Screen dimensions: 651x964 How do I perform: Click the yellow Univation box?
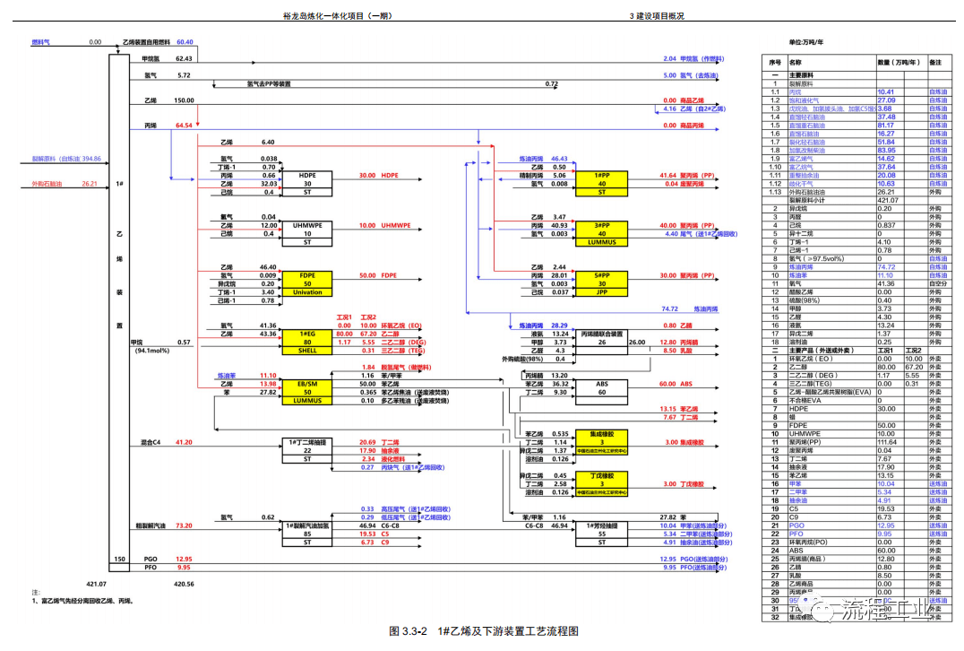pyautogui.click(x=307, y=291)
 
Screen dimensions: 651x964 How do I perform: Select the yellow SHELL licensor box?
pyautogui.click(x=307, y=351)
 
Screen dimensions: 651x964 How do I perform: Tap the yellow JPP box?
pyautogui.click(x=601, y=291)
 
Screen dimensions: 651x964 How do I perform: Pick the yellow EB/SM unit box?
pyautogui.click(x=307, y=383)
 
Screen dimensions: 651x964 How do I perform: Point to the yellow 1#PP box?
pyautogui.click(x=601, y=175)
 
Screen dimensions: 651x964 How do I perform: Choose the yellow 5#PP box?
pyautogui.click(x=601, y=274)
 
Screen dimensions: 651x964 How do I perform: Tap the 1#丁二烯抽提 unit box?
pyautogui.click(x=307, y=442)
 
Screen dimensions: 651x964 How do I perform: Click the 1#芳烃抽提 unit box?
pyautogui.click(x=601, y=525)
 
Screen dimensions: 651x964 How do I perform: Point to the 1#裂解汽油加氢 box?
pyautogui.click(x=307, y=525)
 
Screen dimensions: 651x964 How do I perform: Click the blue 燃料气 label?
pyautogui.click(x=41, y=42)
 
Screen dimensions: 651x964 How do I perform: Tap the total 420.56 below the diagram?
pyautogui.click(x=185, y=583)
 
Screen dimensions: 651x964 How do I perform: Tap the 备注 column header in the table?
pyautogui.click(x=936, y=63)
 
